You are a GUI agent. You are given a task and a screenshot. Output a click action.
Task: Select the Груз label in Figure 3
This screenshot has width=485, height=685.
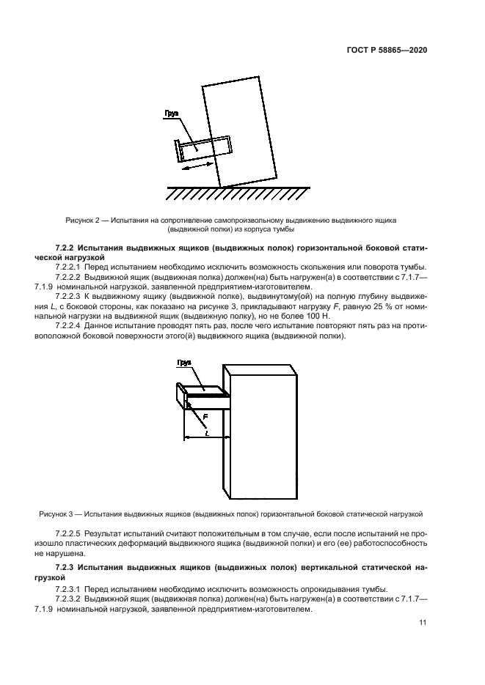tap(184, 363)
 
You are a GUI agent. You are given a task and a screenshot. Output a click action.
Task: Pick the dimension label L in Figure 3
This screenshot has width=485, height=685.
tap(208, 432)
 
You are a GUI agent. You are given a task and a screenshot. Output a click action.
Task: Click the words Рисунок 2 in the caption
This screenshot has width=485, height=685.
tap(83, 220)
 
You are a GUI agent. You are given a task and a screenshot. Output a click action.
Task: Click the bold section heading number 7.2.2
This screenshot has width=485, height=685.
tap(66, 248)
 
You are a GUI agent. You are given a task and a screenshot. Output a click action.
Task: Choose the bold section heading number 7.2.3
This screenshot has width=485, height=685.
tap(66, 567)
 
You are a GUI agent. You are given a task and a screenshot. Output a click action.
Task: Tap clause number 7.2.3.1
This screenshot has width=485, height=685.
tap(69, 589)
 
